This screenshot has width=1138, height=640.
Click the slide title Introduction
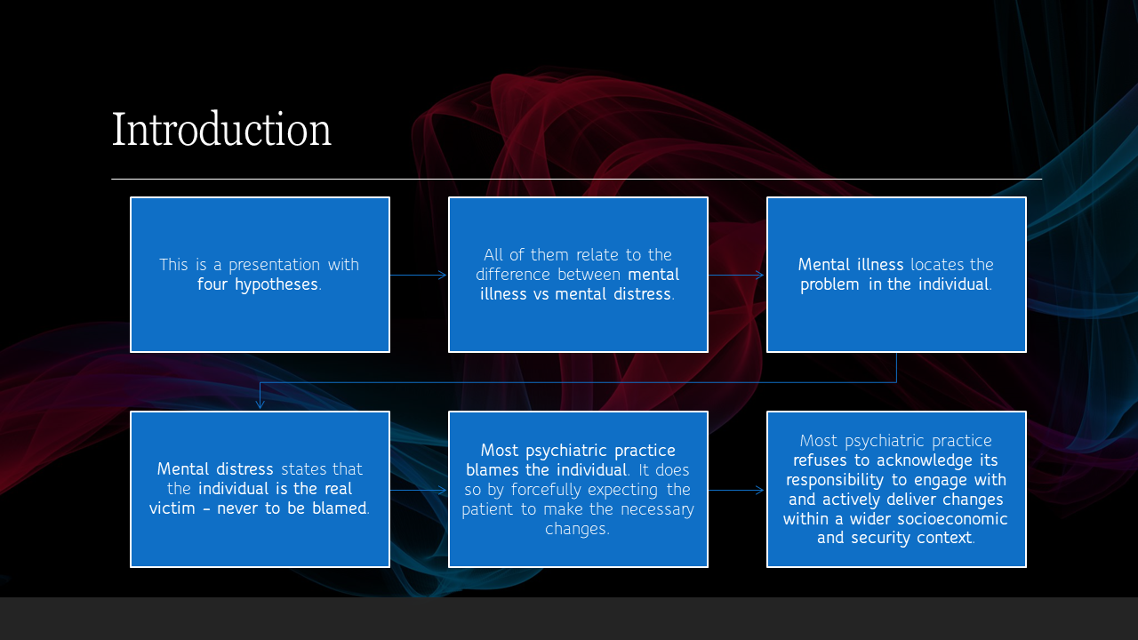[x=221, y=130]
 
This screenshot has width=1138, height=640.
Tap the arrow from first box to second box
[x=419, y=276]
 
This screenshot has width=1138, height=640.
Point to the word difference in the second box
[x=514, y=275]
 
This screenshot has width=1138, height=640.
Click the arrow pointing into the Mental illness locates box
[x=737, y=276]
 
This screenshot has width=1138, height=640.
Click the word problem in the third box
[x=829, y=284]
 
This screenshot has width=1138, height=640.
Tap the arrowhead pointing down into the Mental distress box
[x=260, y=404]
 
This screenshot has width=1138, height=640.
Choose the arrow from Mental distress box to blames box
[x=419, y=490]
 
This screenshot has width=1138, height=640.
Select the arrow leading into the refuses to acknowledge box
[x=737, y=490]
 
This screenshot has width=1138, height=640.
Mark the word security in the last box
[x=881, y=538]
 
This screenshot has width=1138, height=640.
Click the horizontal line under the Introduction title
[x=576, y=180]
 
